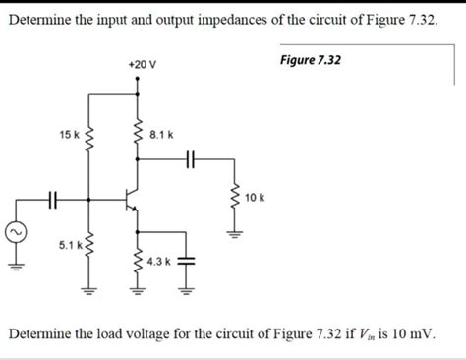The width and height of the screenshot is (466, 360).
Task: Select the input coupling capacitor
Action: click(56, 200)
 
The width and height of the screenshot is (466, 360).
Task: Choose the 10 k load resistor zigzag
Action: click(235, 199)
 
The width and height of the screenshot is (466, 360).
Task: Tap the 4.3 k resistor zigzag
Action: click(137, 262)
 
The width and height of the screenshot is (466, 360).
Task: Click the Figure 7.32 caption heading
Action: click(311, 60)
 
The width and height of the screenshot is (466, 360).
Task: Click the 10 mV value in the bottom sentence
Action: click(412, 334)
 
